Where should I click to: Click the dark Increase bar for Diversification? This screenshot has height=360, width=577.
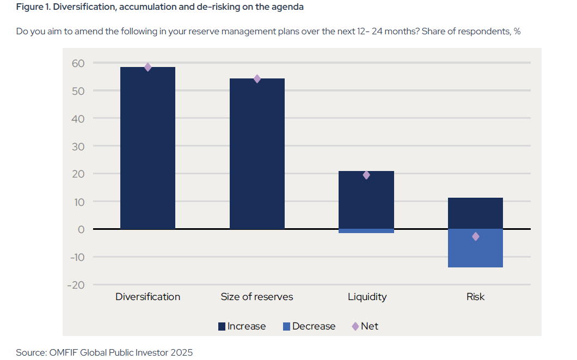coord(148,148)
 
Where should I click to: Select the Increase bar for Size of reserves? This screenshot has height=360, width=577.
coord(257,154)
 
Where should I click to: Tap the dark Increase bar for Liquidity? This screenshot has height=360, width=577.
coord(366,200)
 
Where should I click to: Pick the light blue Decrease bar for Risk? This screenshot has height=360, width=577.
coord(475,248)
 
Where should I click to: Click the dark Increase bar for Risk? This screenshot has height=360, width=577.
coord(475,213)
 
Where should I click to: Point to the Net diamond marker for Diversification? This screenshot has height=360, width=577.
coord(148,67)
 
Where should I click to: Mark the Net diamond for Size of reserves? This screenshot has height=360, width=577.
coord(257,78)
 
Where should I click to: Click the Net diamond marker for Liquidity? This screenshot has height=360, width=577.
coord(366,175)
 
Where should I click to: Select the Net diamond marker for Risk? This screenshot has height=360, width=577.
coord(475,236)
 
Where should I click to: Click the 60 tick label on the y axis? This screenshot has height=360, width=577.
coord(78,63)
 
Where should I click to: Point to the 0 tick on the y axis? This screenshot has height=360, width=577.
coord(81,229)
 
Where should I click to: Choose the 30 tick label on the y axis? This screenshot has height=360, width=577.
coord(78,146)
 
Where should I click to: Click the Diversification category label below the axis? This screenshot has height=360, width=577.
coord(148,297)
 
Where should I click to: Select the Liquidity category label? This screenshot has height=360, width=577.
coord(367,297)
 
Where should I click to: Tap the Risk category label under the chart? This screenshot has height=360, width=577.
coord(475,297)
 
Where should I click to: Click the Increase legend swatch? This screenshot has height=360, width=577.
coord(222,327)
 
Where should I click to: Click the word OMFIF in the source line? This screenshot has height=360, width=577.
coord(63,352)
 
